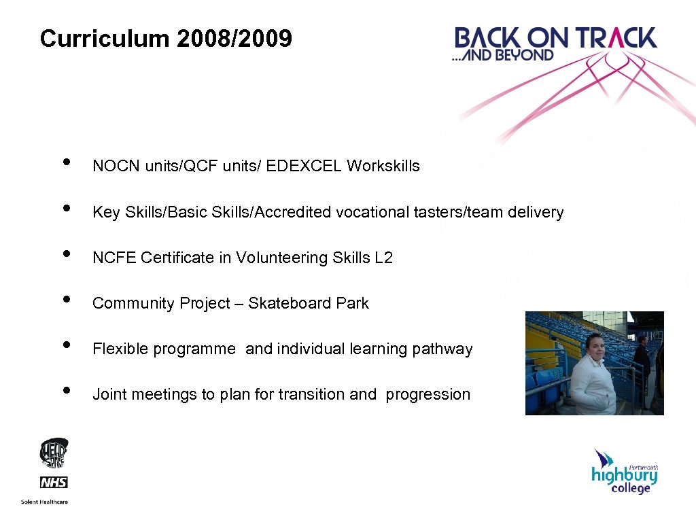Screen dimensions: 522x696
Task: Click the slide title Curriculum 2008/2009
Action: [166, 39]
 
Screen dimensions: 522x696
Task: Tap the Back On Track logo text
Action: [555, 38]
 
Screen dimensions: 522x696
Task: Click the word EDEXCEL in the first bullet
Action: [304, 166]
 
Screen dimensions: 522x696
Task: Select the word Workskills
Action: [383, 166]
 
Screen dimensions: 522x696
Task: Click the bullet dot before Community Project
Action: [66, 300]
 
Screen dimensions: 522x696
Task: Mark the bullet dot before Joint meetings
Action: [66, 391]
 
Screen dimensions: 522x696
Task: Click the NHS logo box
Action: [54, 483]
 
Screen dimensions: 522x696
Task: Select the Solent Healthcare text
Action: [44, 502]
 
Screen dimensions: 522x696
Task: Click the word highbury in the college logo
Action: [623, 475]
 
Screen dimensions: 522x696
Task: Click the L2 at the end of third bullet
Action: [383, 258]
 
